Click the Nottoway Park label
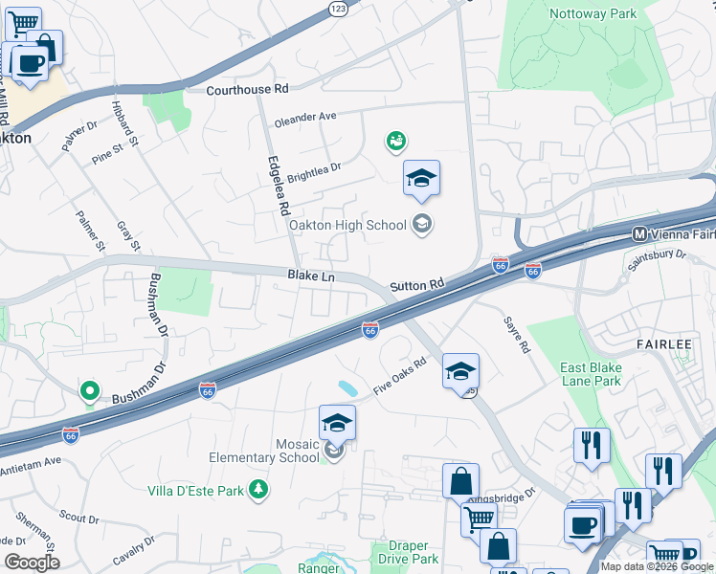click(593, 14)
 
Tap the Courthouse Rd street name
click(248, 89)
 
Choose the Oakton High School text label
click(347, 225)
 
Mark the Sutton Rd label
click(418, 285)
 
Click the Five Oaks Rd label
click(400, 367)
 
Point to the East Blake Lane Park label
click(591, 374)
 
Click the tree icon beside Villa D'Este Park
click(257, 490)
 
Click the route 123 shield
click(337, 8)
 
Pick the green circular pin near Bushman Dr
click(90, 390)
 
